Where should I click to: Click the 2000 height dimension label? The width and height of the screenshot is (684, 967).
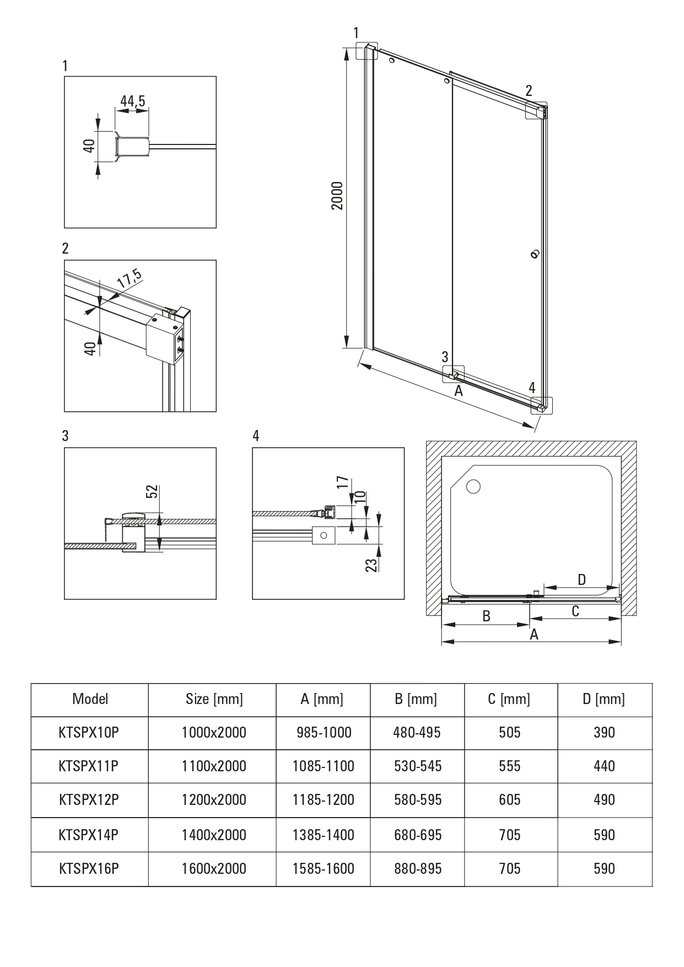point(337,195)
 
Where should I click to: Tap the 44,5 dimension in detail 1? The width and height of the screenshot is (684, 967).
point(132,101)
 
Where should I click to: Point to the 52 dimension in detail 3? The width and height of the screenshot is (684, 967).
point(153,491)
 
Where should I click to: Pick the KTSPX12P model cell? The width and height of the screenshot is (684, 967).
point(89,799)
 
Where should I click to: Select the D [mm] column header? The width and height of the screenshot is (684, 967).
point(604,699)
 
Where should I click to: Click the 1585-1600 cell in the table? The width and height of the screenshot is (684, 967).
point(324,868)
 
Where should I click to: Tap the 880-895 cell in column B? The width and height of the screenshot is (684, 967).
point(417,868)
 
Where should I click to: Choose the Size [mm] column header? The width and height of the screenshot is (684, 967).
point(214,699)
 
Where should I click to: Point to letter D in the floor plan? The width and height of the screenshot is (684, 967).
point(581,579)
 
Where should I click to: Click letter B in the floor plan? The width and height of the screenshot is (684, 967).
point(486,616)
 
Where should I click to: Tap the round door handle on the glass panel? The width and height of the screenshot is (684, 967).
point(534,254)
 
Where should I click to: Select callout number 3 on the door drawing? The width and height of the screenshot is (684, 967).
point(445,357)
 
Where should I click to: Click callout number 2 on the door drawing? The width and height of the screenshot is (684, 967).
point(529,90)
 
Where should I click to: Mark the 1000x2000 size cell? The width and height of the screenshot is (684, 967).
point(214,732)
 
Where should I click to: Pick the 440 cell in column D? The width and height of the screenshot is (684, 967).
point(604,766)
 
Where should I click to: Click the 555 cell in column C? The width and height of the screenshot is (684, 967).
point(509,766)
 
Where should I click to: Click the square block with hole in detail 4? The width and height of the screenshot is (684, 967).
point(324,535)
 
